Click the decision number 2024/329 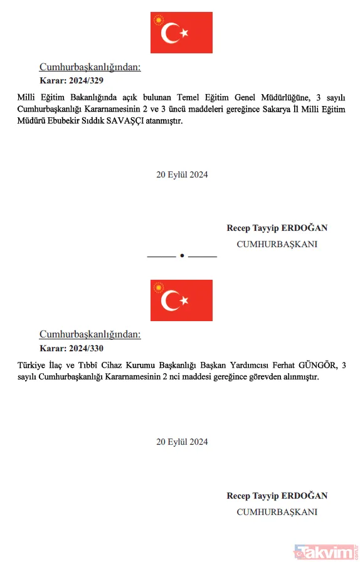click(x=87, y=80)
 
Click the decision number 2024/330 click(x=87, y=348)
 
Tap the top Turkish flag click(x=181, y=33)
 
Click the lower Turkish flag click(x=181, y=300)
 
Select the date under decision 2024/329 click(x=182, y=175)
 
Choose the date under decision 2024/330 click(x=182, y=442)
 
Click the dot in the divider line click(x=181, y=257)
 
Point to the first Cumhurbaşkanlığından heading click(x=90, y=67)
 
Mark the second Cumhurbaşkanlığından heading click(x=90, y=334)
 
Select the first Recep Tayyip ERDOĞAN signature click(x=277, y=228)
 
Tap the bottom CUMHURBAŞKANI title click(x=277, y=512)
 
